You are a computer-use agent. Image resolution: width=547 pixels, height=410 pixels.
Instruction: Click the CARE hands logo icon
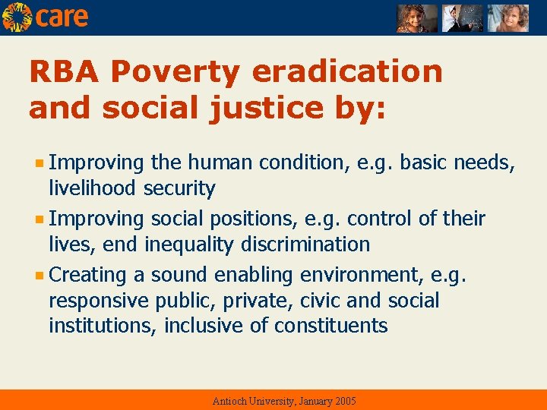click(17, 17)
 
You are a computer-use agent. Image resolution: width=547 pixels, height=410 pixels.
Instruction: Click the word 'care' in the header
click(62, 17)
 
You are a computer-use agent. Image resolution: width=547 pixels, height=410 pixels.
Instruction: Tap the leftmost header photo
click(417, 18)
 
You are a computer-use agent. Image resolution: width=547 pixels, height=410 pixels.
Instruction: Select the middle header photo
click(463, 18)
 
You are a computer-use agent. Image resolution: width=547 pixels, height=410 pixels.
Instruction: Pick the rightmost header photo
click(507, 18)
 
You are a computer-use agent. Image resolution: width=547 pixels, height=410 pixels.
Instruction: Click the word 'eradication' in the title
click(347, 72)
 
